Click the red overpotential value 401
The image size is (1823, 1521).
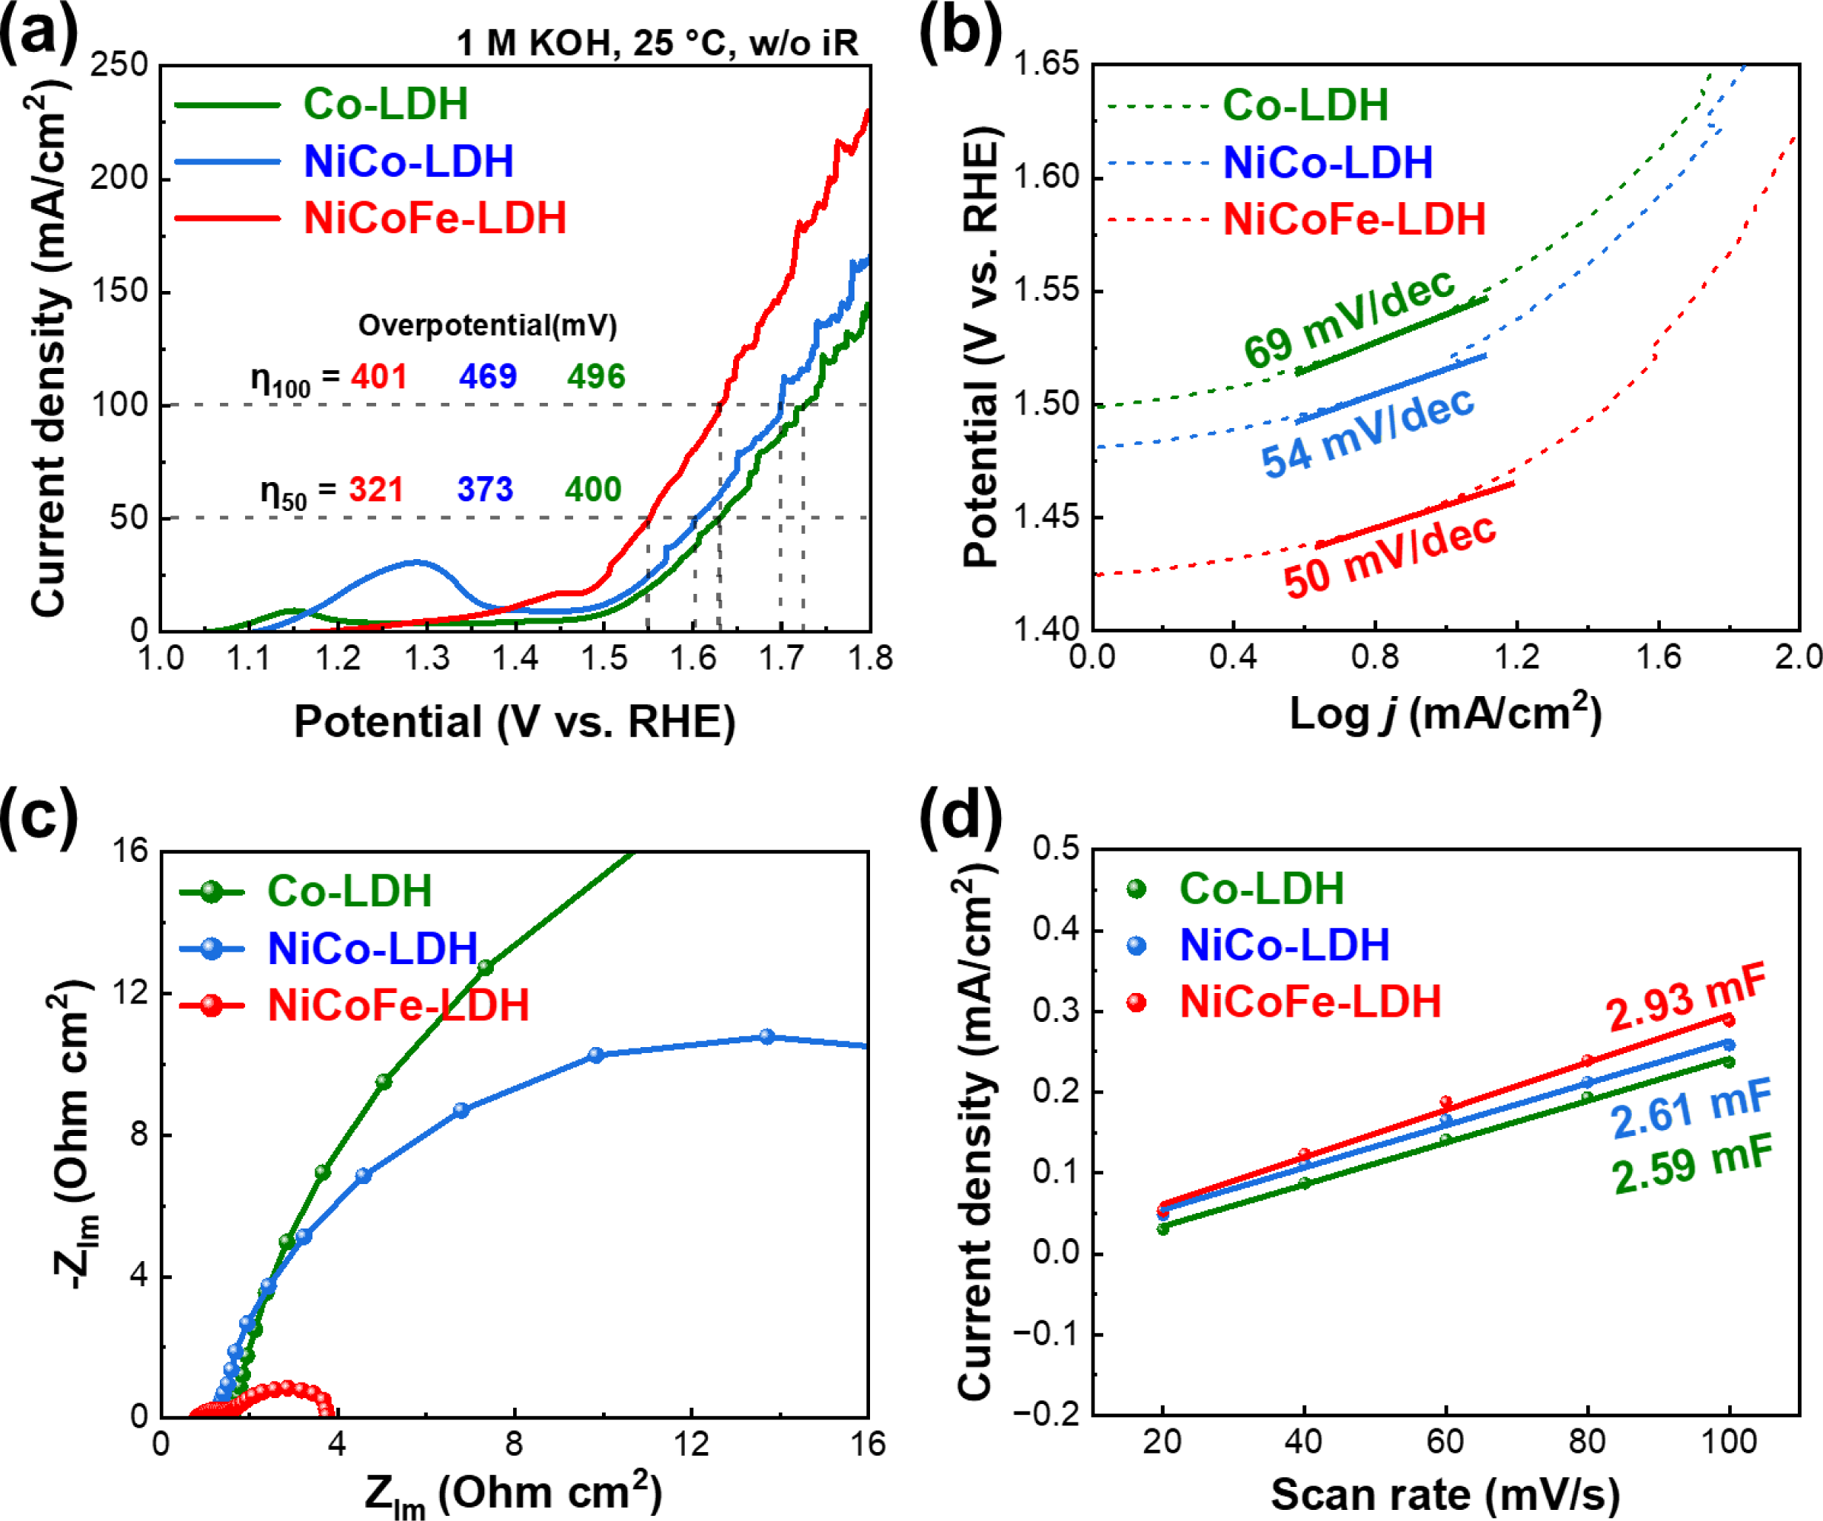(x=378, y=377)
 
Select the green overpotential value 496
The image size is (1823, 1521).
(x=595, y=377)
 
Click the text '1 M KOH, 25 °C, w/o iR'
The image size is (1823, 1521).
(x=657, y=42)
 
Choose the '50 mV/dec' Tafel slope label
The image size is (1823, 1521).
(x=1389, y=555)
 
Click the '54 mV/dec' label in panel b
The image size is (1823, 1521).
(x=1367, y=432)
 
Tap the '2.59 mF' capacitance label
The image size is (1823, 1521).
(x=1691, y=1166)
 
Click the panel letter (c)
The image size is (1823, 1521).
(x=39, y=816)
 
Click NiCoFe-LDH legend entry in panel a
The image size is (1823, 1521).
(x=434, y=218)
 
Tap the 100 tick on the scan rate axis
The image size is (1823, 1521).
(x=1728, y=1442)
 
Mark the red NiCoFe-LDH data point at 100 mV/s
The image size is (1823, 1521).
(x=1728, y=1020)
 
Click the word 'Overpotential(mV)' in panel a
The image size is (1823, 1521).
(x=487, y=326)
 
